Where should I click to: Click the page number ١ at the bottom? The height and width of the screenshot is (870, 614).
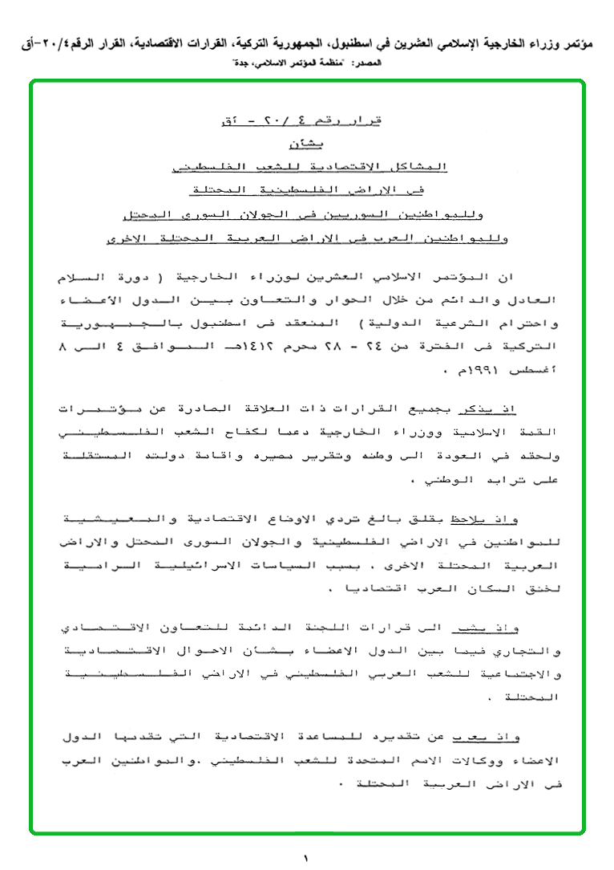[x=306, y=858]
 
